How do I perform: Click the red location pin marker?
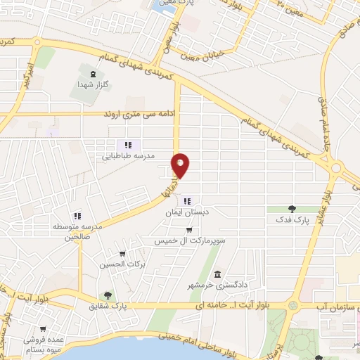tap(181, 165)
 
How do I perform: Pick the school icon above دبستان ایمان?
tap(188, 202)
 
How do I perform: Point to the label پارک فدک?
tap(293, 220)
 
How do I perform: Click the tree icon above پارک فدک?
tap(293, 209)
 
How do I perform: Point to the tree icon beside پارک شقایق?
tap(108, 296)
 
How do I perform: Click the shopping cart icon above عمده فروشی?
tap(44, 328)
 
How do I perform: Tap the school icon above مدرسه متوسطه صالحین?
tap(78, 216)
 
